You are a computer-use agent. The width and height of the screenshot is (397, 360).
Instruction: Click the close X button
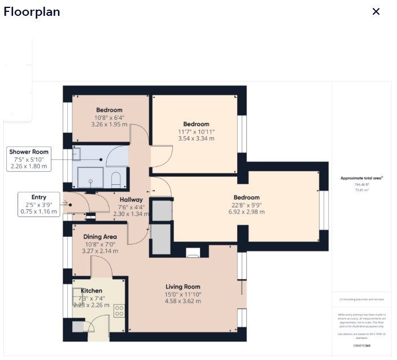(x=376, y=12)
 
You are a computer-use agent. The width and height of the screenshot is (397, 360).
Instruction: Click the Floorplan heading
(x=32, y=12)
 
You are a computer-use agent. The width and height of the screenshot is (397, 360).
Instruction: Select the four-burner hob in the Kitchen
(x=119, y=310)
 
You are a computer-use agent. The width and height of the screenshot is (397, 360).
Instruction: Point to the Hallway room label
(x=130, y=199)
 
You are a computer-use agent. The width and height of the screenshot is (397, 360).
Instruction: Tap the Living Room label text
(x=182, y=287)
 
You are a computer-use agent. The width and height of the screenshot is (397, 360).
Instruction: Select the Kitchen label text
(x=91, y=290)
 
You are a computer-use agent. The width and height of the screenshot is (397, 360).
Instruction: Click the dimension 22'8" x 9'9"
(x=247, y=205)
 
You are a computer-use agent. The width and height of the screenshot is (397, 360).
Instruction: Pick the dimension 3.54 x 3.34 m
(x=196, y=138)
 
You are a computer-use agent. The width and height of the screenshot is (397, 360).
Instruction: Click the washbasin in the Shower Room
(x=77, y=154)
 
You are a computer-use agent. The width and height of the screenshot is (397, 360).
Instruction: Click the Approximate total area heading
(x=361, y=178)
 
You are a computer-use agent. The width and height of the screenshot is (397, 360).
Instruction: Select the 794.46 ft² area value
(x=361, y=184)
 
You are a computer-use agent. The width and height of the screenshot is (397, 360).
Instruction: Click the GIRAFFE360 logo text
(x=361, y=345)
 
